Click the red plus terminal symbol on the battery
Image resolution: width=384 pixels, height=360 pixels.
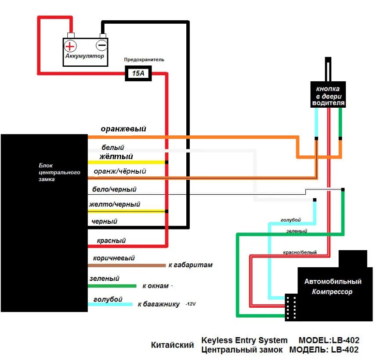tap(70, 46)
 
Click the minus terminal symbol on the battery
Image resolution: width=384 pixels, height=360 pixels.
tap(101, 45)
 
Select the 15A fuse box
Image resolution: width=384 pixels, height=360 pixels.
tap(138, 73)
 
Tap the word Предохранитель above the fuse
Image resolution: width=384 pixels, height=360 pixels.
tap(144, 59)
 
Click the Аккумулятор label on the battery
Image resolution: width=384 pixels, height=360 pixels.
tap(85, 56)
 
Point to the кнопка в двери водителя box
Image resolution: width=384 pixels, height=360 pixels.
tap(328, 95)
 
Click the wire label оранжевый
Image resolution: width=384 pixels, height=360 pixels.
tap(123, 129)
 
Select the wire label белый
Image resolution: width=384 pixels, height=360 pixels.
tap(113, 148)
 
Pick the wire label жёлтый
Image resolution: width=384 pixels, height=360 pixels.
tap(116, 156)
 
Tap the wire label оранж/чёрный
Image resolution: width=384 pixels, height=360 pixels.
tap(120, 171)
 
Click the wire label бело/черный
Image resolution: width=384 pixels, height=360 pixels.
tap(114, 189)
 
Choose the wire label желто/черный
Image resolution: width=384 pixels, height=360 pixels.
tap(115, 204)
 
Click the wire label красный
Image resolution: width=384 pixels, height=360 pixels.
tap(111, 241)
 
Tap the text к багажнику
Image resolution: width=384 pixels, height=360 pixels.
tap(159, 304)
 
